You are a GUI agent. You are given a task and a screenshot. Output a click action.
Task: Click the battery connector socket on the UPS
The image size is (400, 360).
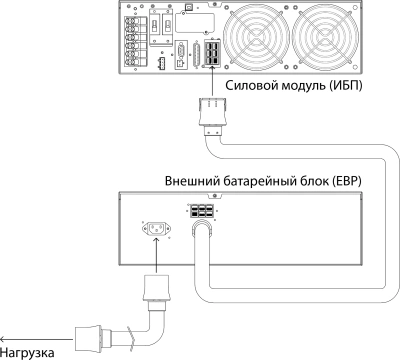(x=212, y=58)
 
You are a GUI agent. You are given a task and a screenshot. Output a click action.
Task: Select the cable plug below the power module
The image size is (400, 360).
(x=211, y=113)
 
